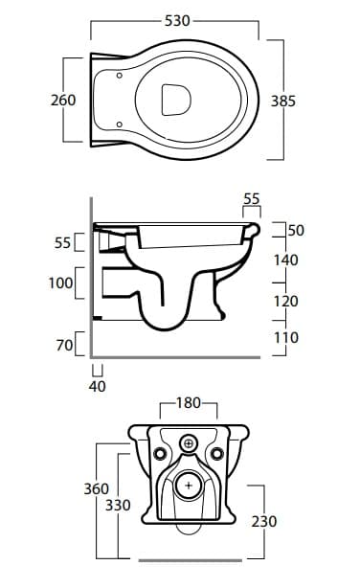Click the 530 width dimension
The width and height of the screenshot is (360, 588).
(x=177, y=21)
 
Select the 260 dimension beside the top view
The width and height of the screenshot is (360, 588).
(x=63, y=101)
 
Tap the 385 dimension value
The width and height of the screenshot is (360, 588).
(x=283, y=101)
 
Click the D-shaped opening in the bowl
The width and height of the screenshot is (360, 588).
(x=176, y=100)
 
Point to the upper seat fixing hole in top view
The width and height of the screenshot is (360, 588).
(x=120, y=76)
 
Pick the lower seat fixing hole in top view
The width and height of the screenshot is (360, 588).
(x=120, y=124)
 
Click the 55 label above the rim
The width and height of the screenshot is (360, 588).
(x=251, y=199)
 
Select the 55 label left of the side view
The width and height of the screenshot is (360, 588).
(x=62, y=242)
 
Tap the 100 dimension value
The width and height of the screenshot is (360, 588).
(x=60, y=283)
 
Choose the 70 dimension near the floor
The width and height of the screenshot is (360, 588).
(x=64, y=346)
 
